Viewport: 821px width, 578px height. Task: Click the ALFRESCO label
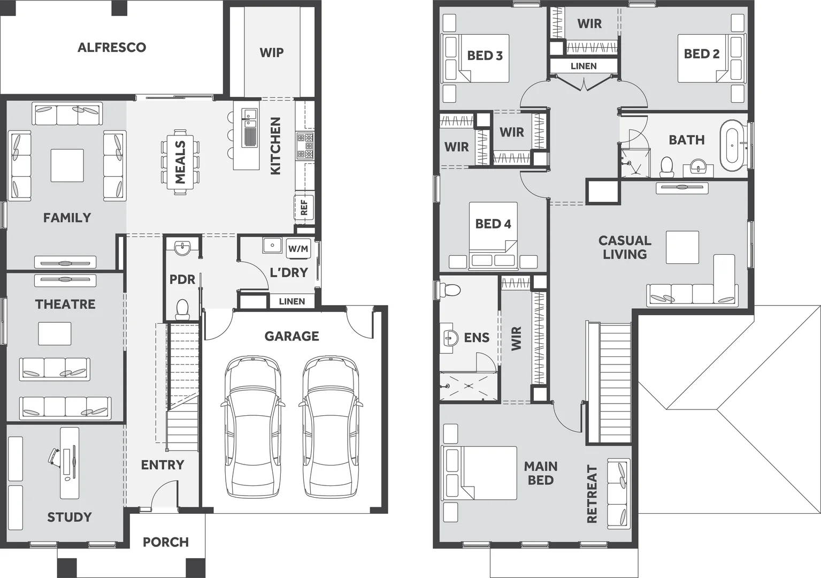pyautogui.click(x=111, y=47)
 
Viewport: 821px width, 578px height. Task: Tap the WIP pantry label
pyautogui.click(x=271, y=52)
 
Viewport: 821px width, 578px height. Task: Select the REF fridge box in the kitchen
pyautogui.click(x=304, y=208)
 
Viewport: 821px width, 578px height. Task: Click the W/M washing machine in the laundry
pyautogui.click(x=298, y=248)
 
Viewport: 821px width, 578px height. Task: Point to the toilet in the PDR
pyautogui.click(x=182, y=309)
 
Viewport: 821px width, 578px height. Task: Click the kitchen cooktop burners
pyautogui.click(x=305, y=146)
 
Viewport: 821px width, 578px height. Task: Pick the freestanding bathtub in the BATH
pyautogui.click(x=731, y=145)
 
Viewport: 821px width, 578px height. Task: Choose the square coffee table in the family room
pyautogui.click(x=67, y=165)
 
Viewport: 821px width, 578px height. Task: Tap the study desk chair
pyautogui.click(x=54, y=455)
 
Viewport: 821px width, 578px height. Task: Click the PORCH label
pyautogui.click(x=165, y=542)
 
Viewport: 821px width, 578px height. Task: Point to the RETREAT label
pyautogui.click(x=592, y=493)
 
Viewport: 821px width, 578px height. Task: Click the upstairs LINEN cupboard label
pyautogui.click(x=584, y=66)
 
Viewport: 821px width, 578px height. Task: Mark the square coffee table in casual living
pyautogui.click(x=682, y=247)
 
